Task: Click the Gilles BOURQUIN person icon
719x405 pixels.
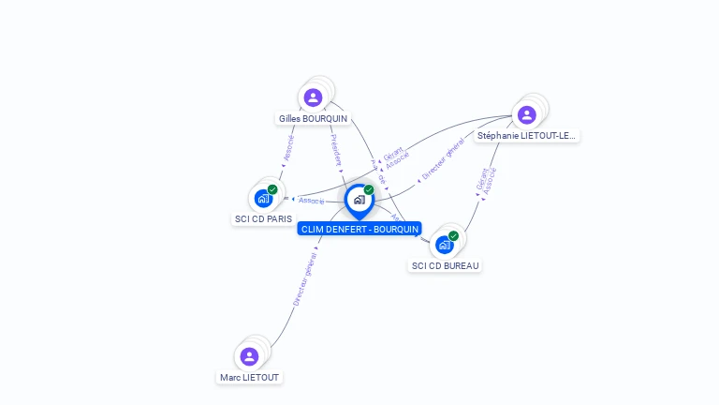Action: click(x=313, y=97)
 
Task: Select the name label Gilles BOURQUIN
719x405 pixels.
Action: click(x=313, y=119)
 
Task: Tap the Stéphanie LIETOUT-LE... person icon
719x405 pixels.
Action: click(x=526, y=114)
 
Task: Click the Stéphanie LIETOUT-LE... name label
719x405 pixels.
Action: click(x=527, y=136)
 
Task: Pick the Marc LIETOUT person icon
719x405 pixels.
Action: click(x=249, y=356)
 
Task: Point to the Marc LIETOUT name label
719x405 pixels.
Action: click(x=249, y=378)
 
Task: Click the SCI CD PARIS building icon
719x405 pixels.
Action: click(x=263, y=198)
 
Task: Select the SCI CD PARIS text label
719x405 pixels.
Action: click(x=263, y=219)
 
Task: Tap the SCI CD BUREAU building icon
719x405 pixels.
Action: click(x=445, y=244)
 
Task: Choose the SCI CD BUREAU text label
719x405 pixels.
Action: click(x=446, y=266)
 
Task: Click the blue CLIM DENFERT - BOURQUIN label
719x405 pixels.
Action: click(x=359, y=230)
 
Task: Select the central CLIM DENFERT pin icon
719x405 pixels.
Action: click(x=359, y=200)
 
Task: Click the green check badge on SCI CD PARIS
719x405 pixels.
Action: click(x=272, y=189)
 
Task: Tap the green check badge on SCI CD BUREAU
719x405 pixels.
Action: click(x=453, y=235)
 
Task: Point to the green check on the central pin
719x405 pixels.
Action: click(x=369, y=190)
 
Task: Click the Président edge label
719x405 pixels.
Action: click(x=336, y=149)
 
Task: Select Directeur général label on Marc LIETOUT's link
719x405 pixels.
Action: click(x=304, y=279)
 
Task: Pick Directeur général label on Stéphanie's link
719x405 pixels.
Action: click(x=443, y=159)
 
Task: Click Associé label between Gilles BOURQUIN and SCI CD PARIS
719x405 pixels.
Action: click(x=288, y=147)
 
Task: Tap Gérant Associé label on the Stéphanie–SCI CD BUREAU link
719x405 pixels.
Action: click(x=487, y=180)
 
